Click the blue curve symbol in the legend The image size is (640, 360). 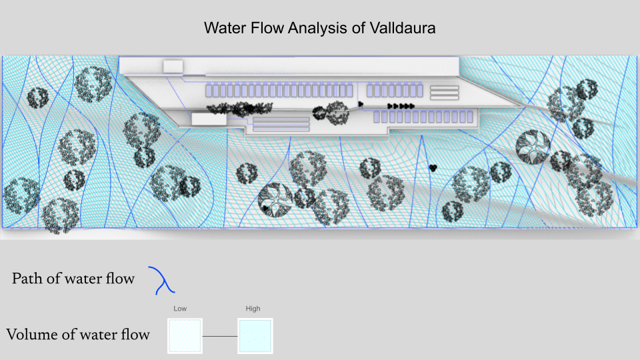[x=162, y=280]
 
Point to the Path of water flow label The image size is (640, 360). [x=73, y=279]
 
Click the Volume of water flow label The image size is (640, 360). [x=77, y=334]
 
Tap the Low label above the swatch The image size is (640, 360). [x=180, y=309]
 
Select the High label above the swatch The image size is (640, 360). [x=253, y=309]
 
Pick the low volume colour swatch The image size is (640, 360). [x=185, y=335]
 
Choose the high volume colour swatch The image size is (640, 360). [x=255, y=335]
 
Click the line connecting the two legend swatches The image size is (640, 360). [x=220, y=336]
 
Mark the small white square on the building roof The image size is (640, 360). [x=173, y=66]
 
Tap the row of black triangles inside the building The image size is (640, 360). [x=401, y=106]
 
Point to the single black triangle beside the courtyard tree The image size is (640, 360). [x=361, y=104]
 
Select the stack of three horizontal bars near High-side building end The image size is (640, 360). [x=443, y=93]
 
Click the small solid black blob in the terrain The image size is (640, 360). [x=433, y=167]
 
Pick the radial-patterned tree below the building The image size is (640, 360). [x=274, y=198]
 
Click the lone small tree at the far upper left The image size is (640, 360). [x=37, y=98]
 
